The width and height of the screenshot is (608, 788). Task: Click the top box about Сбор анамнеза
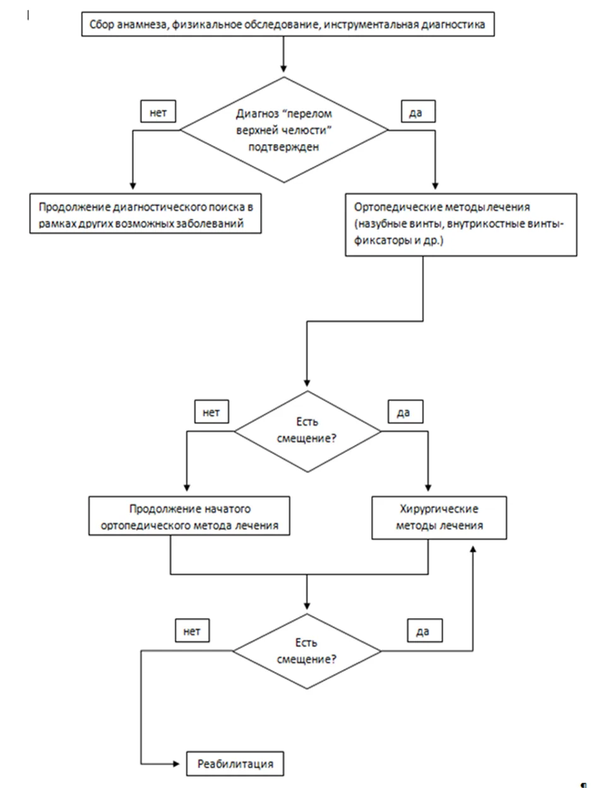pos(288,24)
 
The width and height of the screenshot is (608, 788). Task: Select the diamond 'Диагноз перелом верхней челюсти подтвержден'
pos(284,130)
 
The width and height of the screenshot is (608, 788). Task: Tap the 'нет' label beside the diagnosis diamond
pos(158,112)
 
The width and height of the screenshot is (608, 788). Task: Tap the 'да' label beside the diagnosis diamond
pos(419,112)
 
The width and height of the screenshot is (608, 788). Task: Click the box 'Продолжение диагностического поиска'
pos(145,213)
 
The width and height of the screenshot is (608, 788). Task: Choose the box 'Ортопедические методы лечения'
pos(461,225)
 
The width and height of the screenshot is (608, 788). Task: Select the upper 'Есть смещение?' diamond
pos(307,431)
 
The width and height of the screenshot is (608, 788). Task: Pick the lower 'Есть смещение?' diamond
pos(307,651)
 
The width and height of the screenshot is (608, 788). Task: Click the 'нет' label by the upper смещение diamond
pos(212,412)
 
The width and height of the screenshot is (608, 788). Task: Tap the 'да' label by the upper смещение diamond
pos(405,412)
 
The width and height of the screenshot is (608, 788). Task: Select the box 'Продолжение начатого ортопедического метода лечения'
pos(189,516)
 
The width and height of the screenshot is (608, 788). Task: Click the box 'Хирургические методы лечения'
pos(439,518)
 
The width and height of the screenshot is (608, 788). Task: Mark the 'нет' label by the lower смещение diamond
pos(192,631)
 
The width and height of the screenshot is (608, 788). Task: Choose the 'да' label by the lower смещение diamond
pos(424,631)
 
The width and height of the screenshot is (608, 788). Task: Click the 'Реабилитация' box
pos(235,764)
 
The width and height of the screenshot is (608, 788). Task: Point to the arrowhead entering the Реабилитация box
pos(176,764)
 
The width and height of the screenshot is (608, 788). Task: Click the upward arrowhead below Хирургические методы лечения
pos(473,549)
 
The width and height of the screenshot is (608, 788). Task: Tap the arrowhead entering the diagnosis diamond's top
pos(283,69)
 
